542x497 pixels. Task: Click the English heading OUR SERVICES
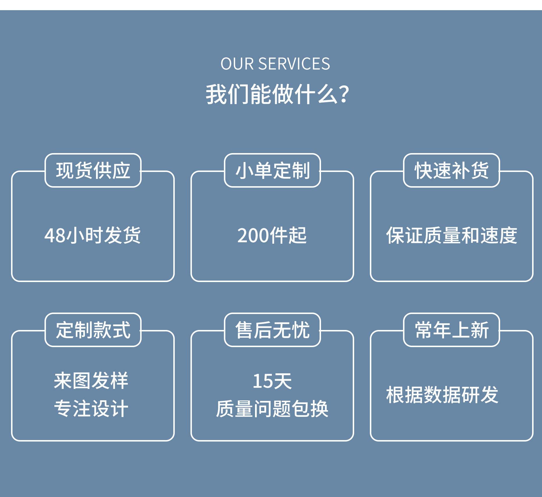tap(275, 64)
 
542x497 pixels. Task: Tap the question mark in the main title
tap(344, 94)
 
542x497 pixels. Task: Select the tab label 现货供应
tap(93, 171)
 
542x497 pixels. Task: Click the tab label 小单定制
tap(272, 171)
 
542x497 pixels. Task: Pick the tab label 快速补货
tap(452, 171)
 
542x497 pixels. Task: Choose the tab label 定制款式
tap(93, 330)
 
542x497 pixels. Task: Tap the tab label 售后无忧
tap(272, 330)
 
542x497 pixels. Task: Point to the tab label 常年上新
tap(452, 330)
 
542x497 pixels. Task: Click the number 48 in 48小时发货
tap(55, 236)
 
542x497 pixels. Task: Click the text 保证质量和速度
tap(452, 235)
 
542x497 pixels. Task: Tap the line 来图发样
tap(91, 381)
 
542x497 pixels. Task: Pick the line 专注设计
tap(91, 409)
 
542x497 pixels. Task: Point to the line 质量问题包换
tap(272, 409)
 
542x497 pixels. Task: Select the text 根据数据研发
tap(442, 395)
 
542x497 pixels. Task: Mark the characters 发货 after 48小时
tap(122, 235)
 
